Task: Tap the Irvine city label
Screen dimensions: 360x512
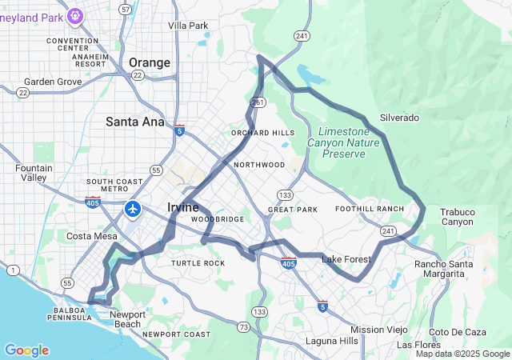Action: pos(182,207)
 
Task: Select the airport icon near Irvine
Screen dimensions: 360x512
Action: pos(133,210)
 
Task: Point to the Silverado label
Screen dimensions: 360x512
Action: pos(399,118)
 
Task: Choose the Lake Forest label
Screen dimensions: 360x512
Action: pos(346,259)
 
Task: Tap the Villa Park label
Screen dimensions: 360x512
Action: pos(189,26)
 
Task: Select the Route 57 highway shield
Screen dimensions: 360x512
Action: pos(125,9)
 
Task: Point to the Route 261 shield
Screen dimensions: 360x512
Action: pos(258,102)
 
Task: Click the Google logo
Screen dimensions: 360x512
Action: pos(26,350)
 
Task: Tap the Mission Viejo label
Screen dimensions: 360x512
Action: pos(378,330)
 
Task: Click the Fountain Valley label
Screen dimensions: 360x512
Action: pos(34,173)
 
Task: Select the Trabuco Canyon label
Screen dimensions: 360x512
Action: pos(457,217)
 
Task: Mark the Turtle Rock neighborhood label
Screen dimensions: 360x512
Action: pos(198,263)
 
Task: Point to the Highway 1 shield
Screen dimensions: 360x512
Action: pos(14,271)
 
